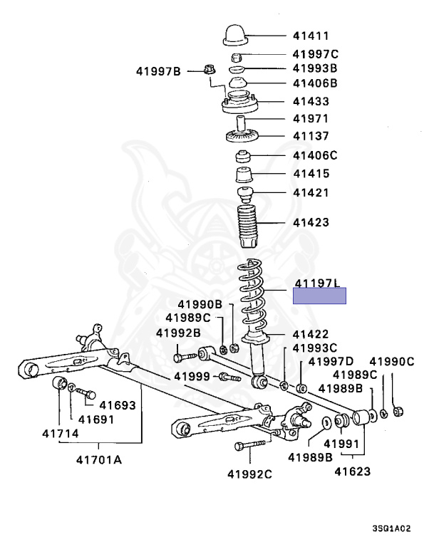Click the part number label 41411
coord(311,36)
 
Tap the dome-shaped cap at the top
coord(235,35)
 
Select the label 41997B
coord(158,71)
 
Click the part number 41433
coord(311,102)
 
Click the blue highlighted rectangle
coord(319,296)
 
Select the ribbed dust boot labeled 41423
coord(248,226)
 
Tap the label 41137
coord(311,136)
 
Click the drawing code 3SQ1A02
coord(391,528)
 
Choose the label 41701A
coord(99,460)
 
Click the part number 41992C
coord(249,474)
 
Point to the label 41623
coord(352,472)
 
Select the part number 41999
coord(192,376)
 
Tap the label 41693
coord(118,405)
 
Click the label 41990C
coord(392,361)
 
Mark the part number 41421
coord(311,192)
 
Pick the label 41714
coord(61,434)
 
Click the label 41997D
coord(331,361)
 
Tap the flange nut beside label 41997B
coord(210,70)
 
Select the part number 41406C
coord(315,155)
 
